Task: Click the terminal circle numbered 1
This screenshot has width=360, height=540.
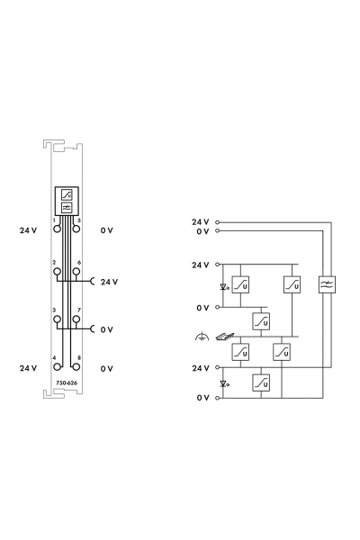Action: coord(58,229)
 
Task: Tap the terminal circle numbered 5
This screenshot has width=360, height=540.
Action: coord(76,229)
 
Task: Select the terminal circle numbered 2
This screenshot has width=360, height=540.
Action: coord(58,272)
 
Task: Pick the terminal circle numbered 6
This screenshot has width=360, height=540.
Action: coord(76,272)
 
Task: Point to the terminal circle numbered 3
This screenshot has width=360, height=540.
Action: coord(58,319)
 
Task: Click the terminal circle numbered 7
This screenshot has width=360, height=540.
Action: coord(76,319)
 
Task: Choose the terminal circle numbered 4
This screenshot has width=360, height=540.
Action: coord(58,366)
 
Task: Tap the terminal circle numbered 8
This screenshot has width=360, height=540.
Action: coord(76,366)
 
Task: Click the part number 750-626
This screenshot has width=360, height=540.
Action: coord(67,382)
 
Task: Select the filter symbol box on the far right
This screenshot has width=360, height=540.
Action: coord(327,284)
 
